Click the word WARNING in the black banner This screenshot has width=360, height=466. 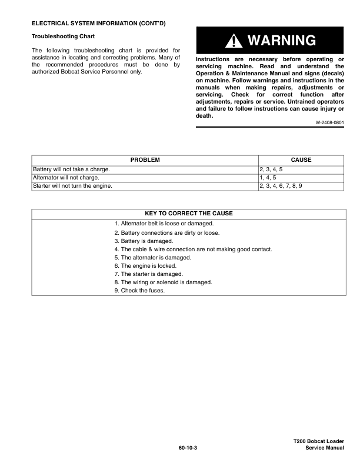pyautogui.click(x=282, y=41)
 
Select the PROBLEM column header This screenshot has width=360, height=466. pyautogui.click(x=145, y=160)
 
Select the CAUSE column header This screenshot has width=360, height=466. pyautogui.click(x=301, y=160)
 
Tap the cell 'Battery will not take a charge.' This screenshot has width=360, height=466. pyautogui.click(x=71, y=169)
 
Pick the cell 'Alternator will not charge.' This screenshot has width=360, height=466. pyautogui.click(x=66, y=177)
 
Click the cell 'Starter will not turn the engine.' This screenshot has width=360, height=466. pyautogui.click(x=72, y=185)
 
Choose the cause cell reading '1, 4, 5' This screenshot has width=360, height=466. pyautogui.click(x=268, y=177)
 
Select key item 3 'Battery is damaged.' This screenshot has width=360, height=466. pyautogui.click(x=144, y=241)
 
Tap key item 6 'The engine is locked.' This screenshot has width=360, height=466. pyautogui.click(x=146, y=266)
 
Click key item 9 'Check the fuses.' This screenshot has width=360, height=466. pyautogui.click(x=139, y=291)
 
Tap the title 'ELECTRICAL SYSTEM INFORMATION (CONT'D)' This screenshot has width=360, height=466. pyautogui.click(x=98, y=23)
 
